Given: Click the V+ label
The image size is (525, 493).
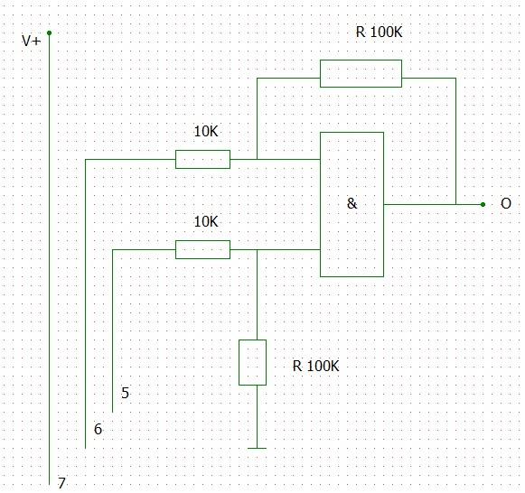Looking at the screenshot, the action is tap(31, 41).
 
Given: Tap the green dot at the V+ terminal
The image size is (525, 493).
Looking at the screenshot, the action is tap(49, 33).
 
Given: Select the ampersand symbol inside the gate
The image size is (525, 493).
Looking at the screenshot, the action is tap(352, 203).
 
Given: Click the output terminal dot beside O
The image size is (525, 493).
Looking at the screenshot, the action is tap(483, 204).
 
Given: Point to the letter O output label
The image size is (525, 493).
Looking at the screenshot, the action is tap(506, 203).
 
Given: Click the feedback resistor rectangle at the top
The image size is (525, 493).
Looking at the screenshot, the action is tap(361, 73).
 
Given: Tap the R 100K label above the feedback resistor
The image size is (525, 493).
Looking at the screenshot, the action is tap(379, 33).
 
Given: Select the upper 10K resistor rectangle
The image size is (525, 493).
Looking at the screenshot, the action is tap(202, 159).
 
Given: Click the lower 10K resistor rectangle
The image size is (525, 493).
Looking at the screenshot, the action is tap(202, 249).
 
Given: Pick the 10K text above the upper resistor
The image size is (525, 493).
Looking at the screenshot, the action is tap(206, 132).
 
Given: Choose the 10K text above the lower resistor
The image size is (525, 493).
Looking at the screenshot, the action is tap(206, 222).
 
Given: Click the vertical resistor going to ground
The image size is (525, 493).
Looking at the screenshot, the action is tap(252, 363).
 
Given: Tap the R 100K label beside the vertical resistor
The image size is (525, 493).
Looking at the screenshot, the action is tap(315, 366).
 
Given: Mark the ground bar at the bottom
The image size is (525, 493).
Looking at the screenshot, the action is tap(258, 448).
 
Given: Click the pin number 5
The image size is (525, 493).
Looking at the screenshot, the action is tap(125, 393).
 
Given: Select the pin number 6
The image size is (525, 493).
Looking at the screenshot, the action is tap(98, 429).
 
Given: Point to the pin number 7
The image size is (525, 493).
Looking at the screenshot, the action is tap(61, 483).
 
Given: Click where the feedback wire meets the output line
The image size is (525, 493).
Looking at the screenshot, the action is tap(455, 204).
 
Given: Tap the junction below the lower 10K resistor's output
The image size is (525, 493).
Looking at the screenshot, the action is tap(258, 249).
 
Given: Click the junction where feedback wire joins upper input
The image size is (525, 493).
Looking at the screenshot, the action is tap(258, 159).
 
